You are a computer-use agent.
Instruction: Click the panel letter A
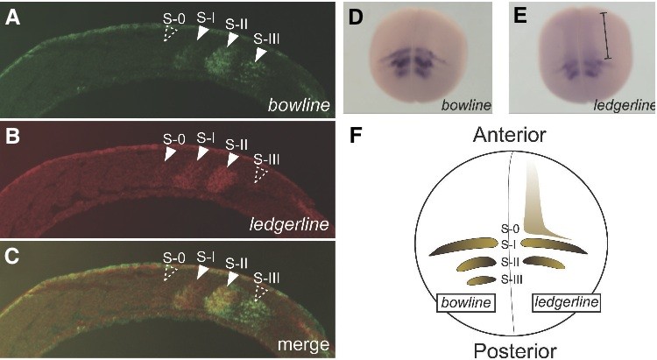12,18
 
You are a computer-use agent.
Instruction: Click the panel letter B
11,137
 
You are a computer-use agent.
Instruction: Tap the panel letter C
12,256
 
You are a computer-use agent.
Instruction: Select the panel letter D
356,18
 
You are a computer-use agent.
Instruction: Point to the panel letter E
520,18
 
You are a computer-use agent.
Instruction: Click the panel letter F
356,137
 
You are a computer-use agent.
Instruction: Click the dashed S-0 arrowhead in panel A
170,33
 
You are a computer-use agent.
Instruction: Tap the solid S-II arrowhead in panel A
232,39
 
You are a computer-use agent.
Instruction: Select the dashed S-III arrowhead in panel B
260,174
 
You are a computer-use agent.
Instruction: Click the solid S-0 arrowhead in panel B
170,153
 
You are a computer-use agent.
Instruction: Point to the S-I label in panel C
205,255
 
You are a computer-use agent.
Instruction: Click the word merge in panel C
303,345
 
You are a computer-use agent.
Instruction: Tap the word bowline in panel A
299,105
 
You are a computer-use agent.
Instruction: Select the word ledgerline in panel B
289,224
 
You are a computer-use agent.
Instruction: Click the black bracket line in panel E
605,35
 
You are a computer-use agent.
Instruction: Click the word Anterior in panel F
510,135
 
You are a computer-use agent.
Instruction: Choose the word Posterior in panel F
515,350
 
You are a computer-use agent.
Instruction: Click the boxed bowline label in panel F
466,302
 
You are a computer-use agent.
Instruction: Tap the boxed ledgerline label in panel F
567,302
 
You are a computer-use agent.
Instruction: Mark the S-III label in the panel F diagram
512,279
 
